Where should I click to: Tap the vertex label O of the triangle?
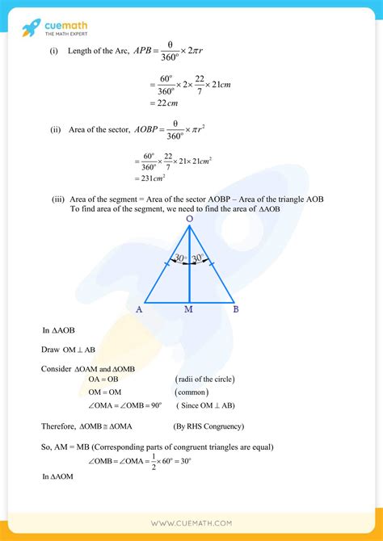point(189,218)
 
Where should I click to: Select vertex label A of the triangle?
point(138,309)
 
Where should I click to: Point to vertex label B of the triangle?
point(234,309)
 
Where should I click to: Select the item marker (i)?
point(54,51)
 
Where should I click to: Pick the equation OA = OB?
point(95,379)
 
